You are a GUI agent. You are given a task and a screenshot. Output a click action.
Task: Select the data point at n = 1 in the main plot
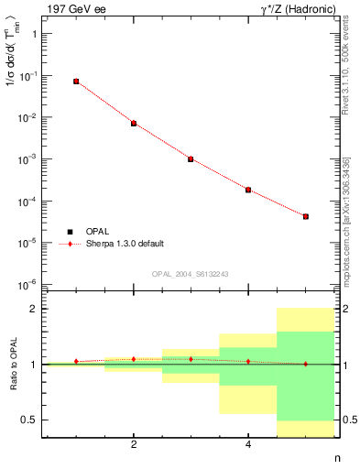pos(76,82)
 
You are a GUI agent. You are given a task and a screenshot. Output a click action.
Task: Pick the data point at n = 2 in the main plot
pos(134,123)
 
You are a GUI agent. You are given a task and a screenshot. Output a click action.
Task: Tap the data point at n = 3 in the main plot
pos(191,158)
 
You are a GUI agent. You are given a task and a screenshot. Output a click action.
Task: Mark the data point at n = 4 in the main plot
pos(248,190)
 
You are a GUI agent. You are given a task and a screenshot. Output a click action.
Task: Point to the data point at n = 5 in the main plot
pos(305,216)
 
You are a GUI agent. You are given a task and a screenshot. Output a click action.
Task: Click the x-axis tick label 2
pos(134,445)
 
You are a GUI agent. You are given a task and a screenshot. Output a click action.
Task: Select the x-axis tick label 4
pos(248,445)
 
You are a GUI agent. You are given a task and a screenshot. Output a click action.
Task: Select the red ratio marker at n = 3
pos(191,359)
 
